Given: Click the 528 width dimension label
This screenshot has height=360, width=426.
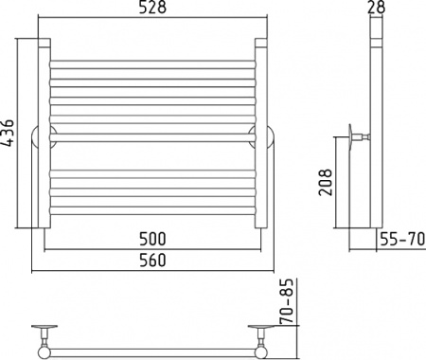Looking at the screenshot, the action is (152, 8).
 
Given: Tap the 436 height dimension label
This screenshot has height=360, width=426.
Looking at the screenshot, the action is (7, 133).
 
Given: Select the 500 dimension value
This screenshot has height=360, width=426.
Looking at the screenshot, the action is (152, 239).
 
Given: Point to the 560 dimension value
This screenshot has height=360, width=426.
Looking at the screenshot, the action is (152, 261).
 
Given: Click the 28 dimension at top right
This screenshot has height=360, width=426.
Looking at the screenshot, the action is (377, 7).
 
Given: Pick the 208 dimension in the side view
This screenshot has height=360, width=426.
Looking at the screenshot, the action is (326, 183).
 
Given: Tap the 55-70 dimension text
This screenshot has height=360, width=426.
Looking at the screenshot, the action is (402, 239).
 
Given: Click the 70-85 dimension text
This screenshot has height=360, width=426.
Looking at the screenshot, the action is (287, 301).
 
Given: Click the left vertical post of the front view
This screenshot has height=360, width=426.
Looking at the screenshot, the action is (44, 133).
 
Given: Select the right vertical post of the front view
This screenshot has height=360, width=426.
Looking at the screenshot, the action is (261, 133).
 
